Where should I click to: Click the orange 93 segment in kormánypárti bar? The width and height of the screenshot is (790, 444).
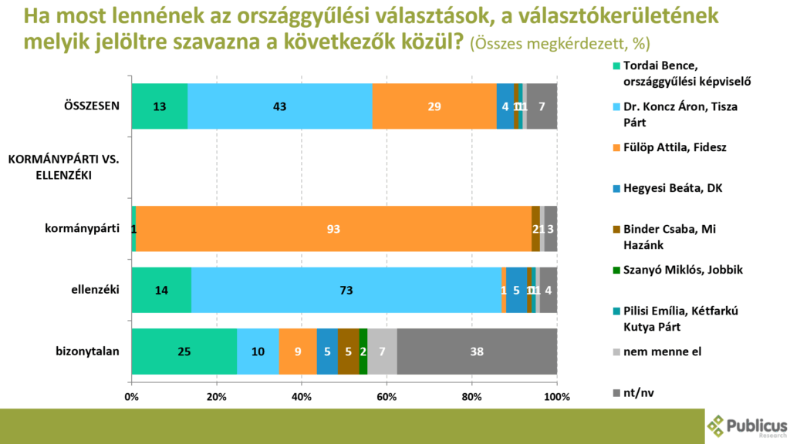point(333,229)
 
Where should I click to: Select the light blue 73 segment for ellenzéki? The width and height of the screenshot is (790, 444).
point(346,290)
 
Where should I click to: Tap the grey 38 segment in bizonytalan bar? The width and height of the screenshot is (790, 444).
point(477,351)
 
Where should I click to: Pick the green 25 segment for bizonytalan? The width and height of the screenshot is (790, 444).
point(184,351)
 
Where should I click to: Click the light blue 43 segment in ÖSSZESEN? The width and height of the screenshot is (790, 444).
point(280,106)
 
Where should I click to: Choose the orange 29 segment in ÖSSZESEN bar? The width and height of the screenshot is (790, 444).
point(434,106)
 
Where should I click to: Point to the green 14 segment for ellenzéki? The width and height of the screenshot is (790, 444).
point(161,290)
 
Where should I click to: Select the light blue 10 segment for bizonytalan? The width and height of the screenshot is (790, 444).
point(258,351)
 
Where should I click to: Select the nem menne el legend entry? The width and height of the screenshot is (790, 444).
point(662,351)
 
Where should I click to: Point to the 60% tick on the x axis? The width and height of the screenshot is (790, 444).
point(387,397)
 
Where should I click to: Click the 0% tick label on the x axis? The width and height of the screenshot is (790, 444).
point(132,397)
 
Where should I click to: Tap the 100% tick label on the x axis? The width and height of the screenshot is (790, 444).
point(556,397)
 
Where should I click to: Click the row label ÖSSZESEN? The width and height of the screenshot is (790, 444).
point(92,106)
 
